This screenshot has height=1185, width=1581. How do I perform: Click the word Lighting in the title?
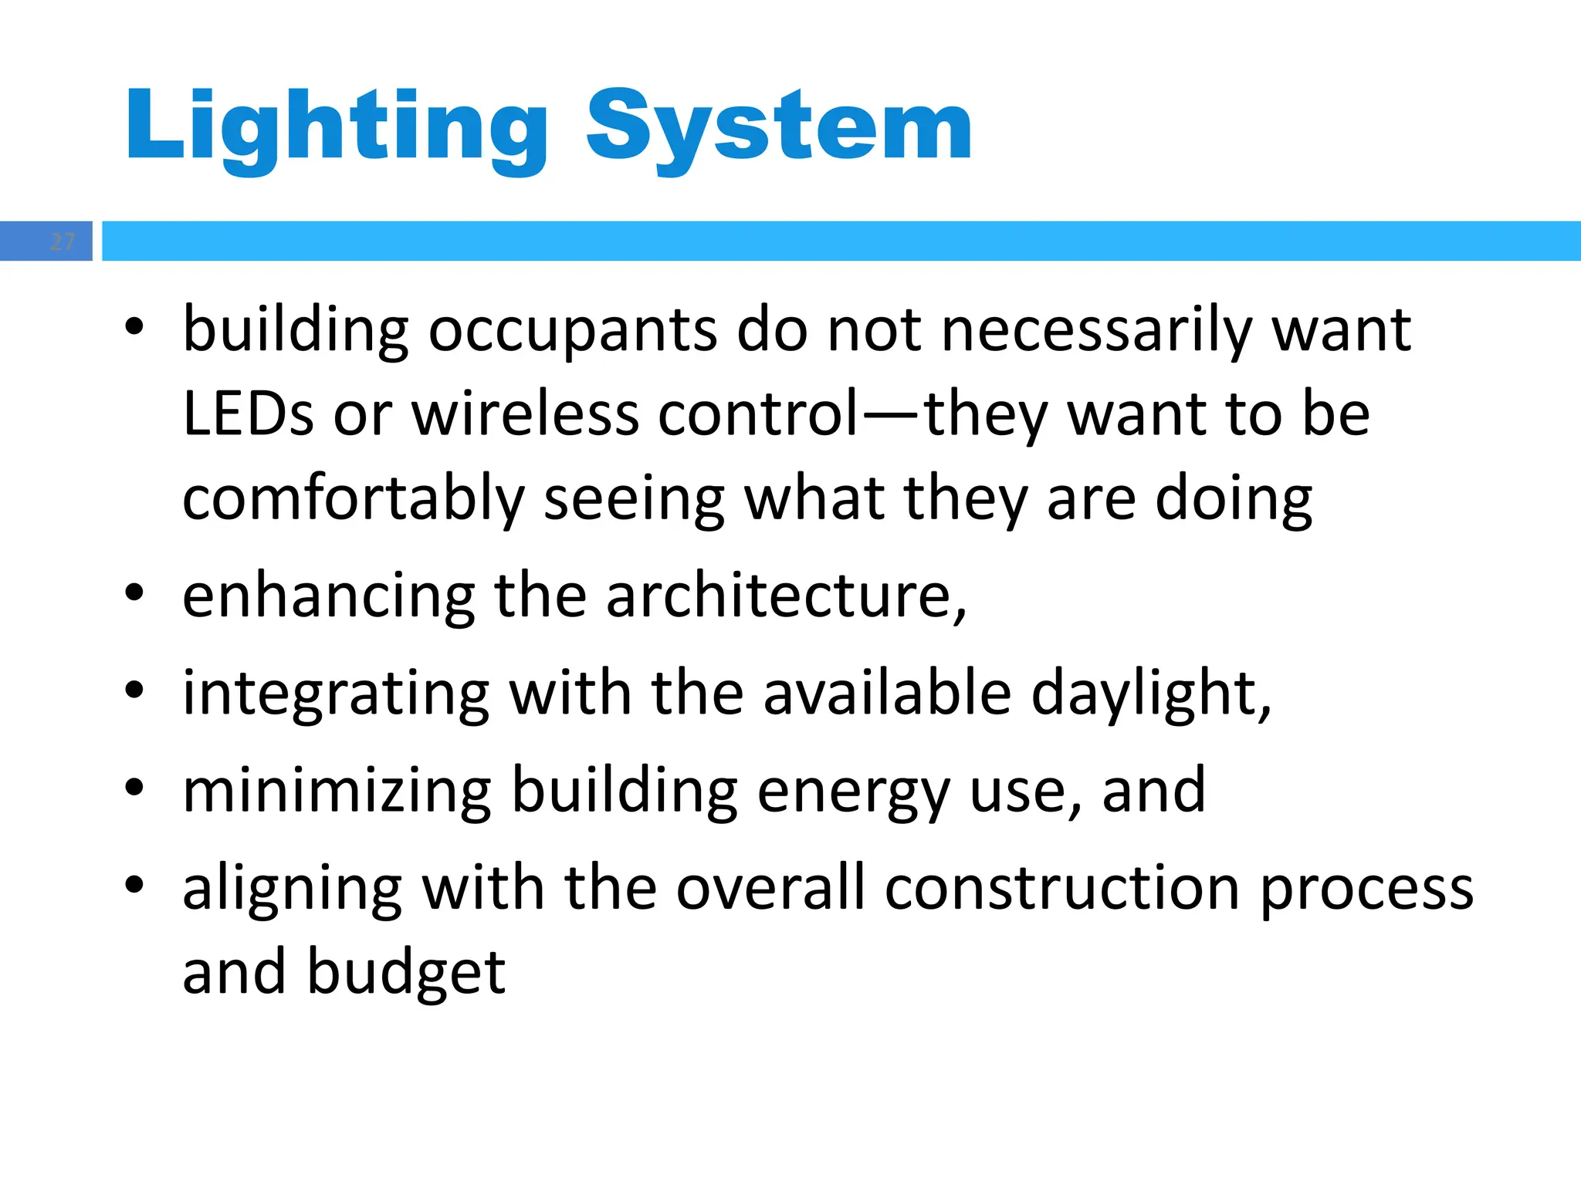336,127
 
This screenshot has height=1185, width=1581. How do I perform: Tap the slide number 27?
62,241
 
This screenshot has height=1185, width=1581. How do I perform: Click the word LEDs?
248,414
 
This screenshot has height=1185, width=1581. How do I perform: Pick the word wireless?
525,414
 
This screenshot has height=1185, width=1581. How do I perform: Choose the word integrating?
336,694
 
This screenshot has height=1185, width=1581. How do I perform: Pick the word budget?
406,972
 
